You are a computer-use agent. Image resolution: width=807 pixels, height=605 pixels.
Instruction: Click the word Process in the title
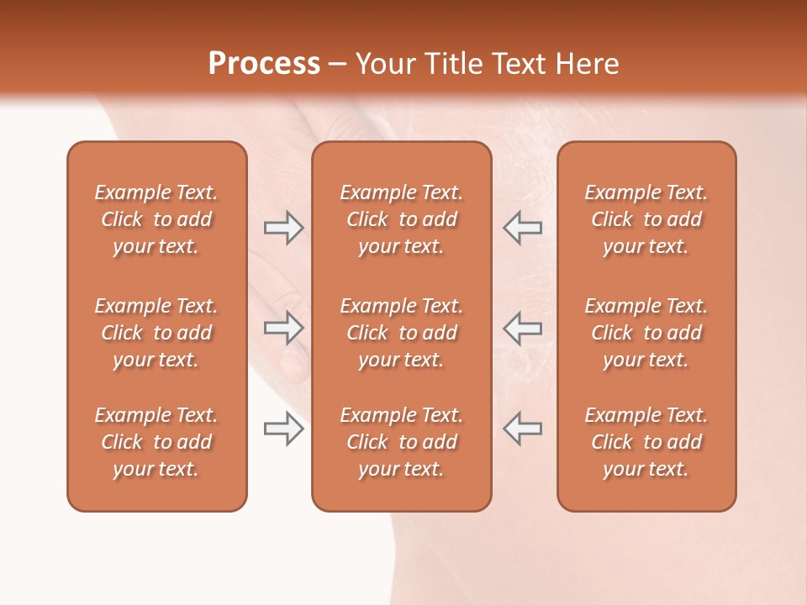coord(264,64)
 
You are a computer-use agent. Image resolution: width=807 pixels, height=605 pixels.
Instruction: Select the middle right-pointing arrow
coord(283,328)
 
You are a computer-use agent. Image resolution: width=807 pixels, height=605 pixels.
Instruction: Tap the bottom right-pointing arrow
coord(283,429)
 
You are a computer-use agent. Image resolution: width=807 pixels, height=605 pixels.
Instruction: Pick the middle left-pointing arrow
coord(522,328)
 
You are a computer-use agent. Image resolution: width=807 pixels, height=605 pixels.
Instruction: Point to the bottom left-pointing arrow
coord(522,429)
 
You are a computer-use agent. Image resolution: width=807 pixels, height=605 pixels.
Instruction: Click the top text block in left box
coord(156,219)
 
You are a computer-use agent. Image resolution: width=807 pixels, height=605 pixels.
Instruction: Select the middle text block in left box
coord(156,333)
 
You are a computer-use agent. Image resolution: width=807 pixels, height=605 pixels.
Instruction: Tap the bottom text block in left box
coord(156,442)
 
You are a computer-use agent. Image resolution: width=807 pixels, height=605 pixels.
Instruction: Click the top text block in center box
coord(401,219)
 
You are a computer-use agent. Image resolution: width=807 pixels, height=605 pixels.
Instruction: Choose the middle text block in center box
coord(401,333)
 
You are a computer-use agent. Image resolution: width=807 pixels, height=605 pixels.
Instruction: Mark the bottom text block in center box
coord(401,442)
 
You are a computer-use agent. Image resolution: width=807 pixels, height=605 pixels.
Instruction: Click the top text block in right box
coord(646,219)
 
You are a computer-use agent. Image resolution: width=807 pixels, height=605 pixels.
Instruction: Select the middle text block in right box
coord(646,333)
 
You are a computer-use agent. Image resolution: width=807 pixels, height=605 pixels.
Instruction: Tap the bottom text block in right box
coord(646,442)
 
